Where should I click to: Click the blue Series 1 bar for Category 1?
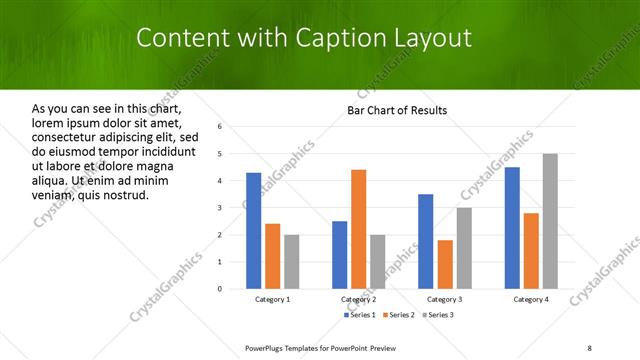click(254, 230)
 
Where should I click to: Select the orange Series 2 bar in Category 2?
click(358, 229)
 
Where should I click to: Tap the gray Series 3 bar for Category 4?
click(550, 221)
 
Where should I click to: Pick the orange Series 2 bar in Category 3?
click(445, 264)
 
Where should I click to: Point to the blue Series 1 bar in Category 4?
click(512, 227)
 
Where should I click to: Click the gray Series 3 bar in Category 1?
click(291, 261)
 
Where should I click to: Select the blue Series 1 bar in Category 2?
click(340, 254)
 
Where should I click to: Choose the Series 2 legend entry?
click(400, 315)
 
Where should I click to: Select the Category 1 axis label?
click(273, 299)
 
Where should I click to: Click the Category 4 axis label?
click(531, 299)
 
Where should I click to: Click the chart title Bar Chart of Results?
click(397, 110)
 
